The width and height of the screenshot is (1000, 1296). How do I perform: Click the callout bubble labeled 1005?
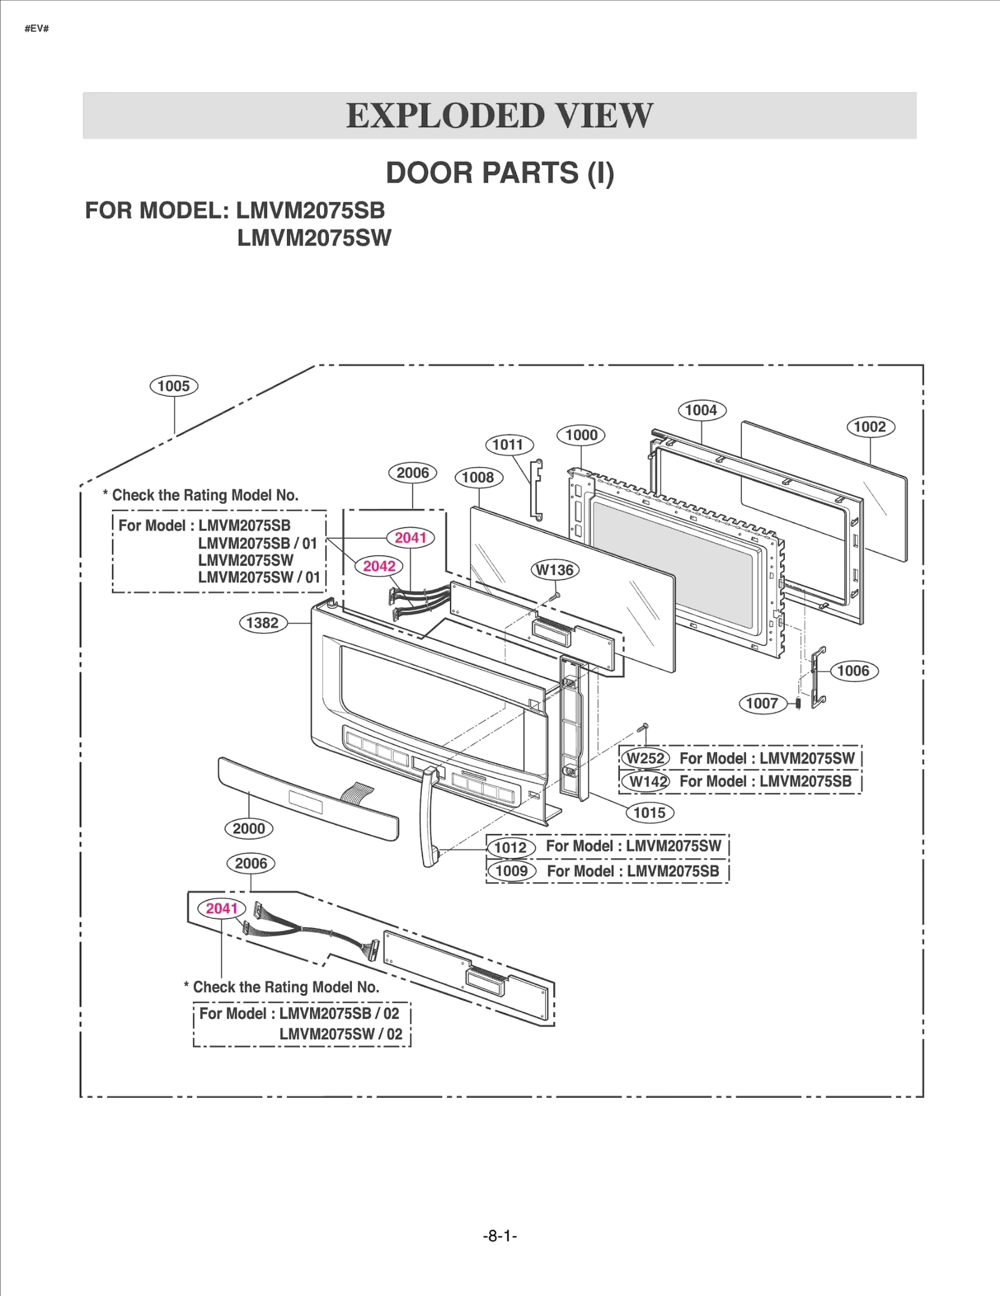(x=174, y=386)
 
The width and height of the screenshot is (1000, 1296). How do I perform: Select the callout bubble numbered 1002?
(x=870, y=427)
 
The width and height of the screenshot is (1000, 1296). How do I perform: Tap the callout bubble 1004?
(x=701, y=410)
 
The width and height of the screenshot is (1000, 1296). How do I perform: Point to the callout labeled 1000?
(x=581, y=435)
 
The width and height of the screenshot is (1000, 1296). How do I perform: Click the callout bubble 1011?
(x=509, y=445)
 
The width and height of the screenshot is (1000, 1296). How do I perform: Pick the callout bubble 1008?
(x=478, y=478)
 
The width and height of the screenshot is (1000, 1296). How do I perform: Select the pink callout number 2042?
(x=379, y=566)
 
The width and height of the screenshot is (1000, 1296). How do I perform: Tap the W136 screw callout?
(x=554, y=570)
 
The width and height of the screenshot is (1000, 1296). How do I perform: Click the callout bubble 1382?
(x=262, y=623)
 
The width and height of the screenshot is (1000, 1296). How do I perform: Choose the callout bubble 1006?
(x=853, y=671)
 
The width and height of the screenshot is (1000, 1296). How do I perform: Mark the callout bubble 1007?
(x=762, y=703)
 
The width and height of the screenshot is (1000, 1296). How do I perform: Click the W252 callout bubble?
(x=646, y=758)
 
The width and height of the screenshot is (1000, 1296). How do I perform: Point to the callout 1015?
(x=649, y=813)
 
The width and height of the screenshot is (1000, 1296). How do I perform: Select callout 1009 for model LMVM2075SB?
(x=511, y=871)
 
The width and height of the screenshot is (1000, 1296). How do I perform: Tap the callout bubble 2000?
(x=249, y=829)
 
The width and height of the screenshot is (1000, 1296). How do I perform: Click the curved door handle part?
(x=428, y=819)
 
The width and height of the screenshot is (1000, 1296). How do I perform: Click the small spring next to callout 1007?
(x=798, y=703)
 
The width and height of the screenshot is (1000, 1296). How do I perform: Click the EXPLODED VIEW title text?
(x=499, y=116)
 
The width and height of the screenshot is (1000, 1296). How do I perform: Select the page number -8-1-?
(x=499, y=1236)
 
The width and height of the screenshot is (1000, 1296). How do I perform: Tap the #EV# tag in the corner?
(x=36, y=29)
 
